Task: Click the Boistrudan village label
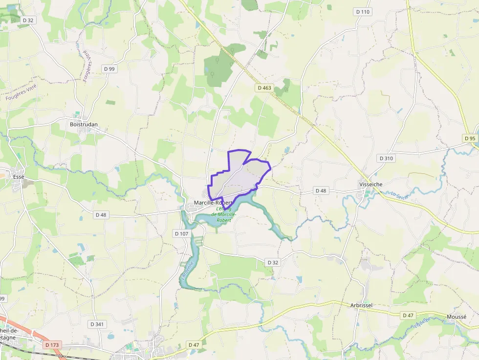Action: tap(84, 124)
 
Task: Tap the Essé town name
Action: tap(19, 176)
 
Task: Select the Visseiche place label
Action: tap(370, 184)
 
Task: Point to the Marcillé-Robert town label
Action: tap(213, 203)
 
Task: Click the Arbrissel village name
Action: tap(361, 305)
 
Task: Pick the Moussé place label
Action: tap(457, 317)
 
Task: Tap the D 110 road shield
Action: tap(363, 11)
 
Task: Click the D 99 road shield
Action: tap(109, 69)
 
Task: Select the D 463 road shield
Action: tap(263, 88)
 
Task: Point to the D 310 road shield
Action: tap(386, 158)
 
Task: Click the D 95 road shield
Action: tap(470, 138)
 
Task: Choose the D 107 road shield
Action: tap(181, 233)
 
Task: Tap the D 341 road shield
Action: tap(97, 324)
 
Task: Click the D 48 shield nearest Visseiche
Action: tap(321, 191)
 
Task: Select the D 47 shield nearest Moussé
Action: tap(408, 315)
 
